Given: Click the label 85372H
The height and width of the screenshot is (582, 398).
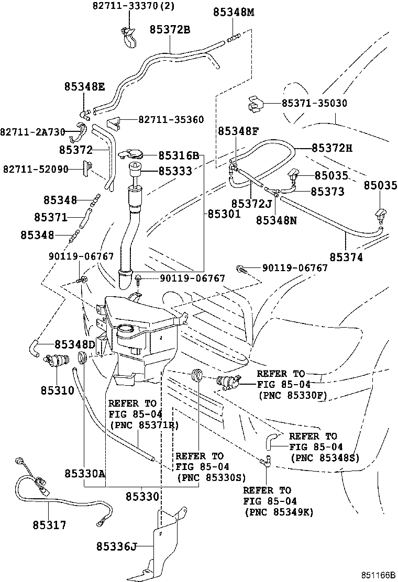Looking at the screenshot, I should pos(332,148).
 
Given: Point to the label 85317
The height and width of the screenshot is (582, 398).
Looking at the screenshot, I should pos(49,524).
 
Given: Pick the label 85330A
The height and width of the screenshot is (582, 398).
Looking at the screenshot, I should pos(85,474).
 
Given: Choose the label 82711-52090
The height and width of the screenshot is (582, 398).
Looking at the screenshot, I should pos(36,169).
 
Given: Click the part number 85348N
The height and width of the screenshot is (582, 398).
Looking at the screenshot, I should pos(276,220).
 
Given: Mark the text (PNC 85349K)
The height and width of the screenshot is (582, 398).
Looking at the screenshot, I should pos(279,512).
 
